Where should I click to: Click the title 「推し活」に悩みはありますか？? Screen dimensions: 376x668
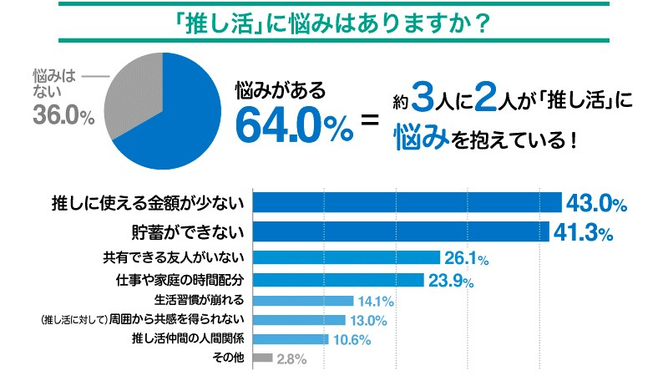point(333,19)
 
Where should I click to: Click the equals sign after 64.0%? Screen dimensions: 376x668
point(369,124)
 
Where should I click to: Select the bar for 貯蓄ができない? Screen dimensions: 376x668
point(401,231)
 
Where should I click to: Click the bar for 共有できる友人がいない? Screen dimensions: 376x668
point(347,257)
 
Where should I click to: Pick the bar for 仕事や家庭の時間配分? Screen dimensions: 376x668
point(338,279)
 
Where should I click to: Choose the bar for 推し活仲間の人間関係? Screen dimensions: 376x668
point(291,339)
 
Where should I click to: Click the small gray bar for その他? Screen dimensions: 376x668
point(262,358)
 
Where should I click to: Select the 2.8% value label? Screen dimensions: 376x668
point(291,360)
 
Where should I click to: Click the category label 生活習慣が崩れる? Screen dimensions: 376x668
point(199,300)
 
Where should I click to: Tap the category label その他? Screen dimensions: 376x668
point(229,359)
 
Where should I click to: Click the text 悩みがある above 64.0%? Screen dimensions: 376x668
point(279,87)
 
